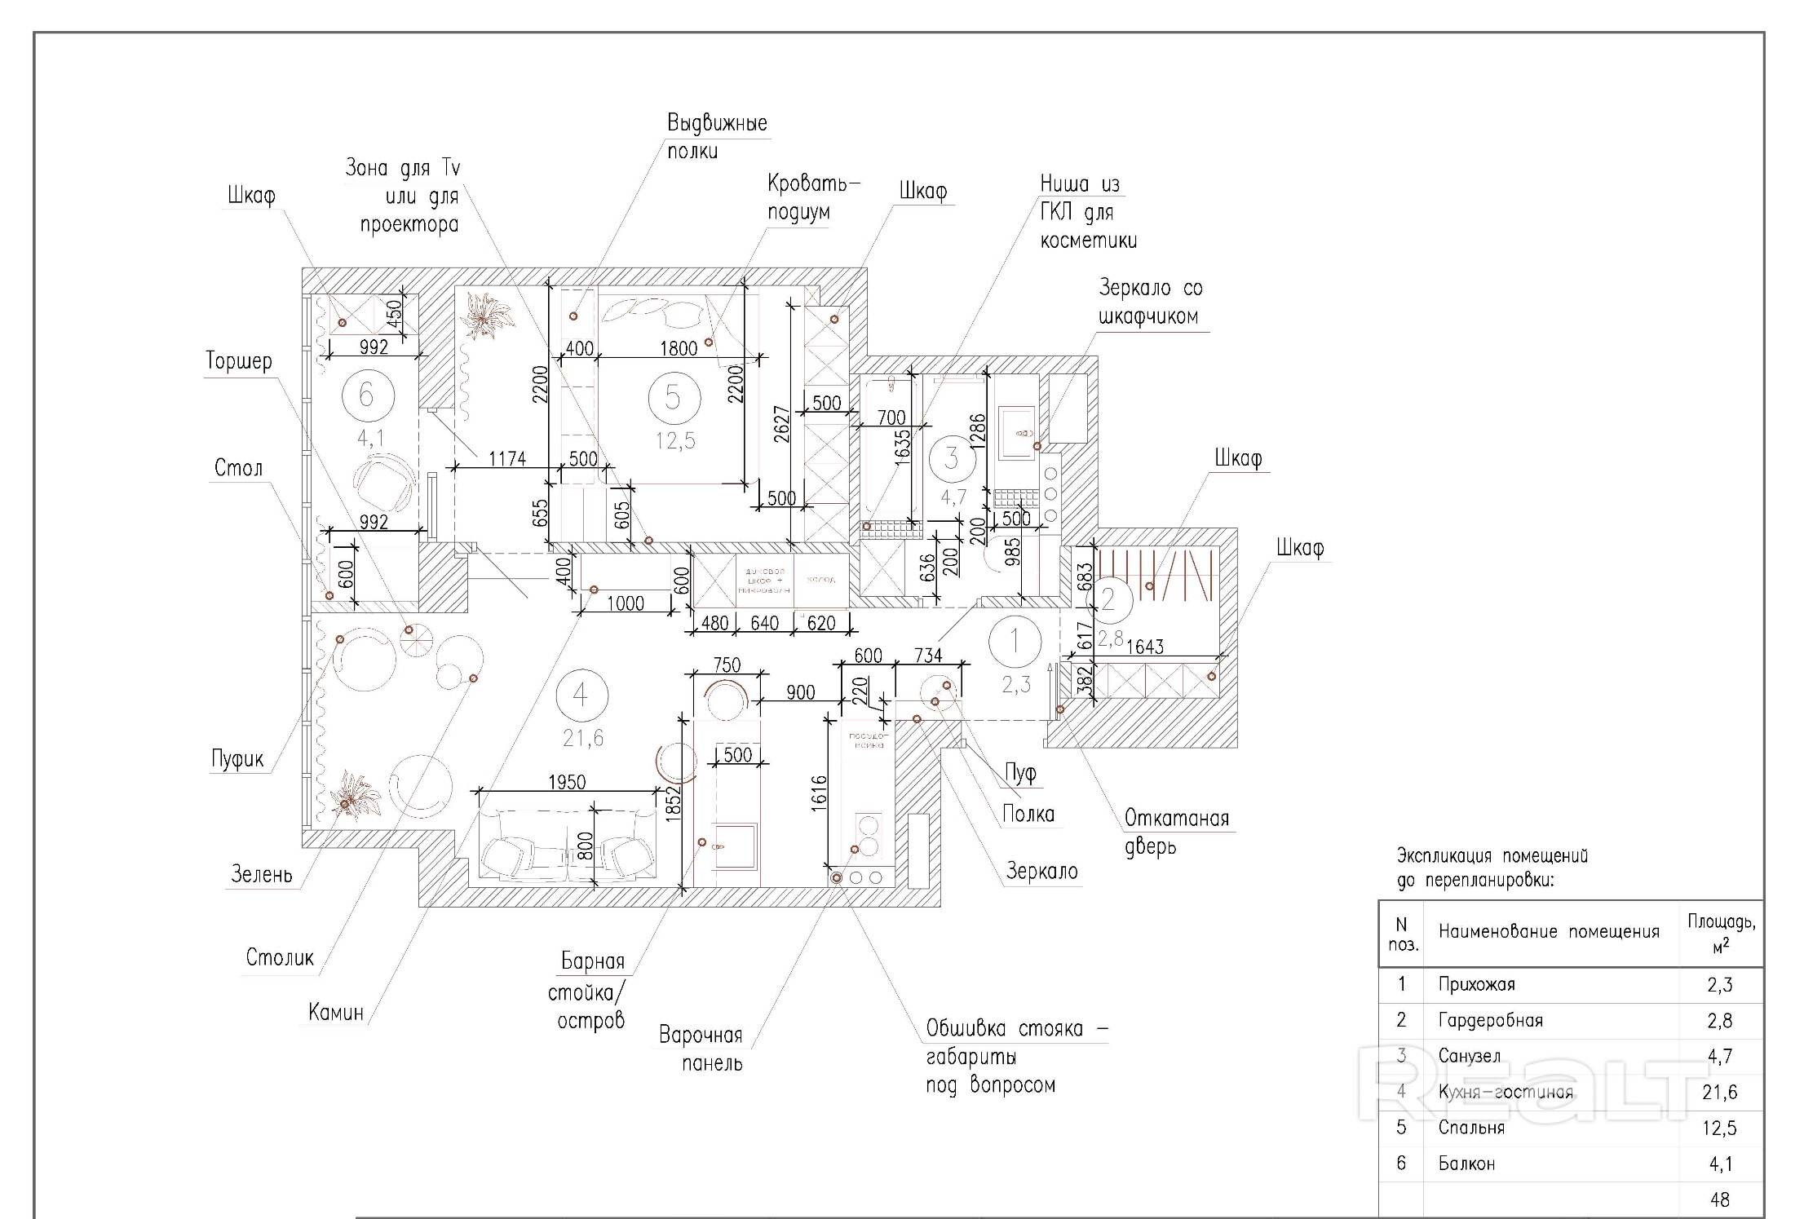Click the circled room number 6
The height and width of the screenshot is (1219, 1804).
(367, 395)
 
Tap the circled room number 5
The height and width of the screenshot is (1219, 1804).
(673, 397)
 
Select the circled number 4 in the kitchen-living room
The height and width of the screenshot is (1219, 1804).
(581, 695)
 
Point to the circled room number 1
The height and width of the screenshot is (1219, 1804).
(1015, 641)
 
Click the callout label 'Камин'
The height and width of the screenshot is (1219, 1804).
(335, 1012)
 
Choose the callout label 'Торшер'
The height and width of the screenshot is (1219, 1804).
(239, 360)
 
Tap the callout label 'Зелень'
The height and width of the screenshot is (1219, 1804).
(261, 874)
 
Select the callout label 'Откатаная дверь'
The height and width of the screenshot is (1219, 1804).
(1176, 832)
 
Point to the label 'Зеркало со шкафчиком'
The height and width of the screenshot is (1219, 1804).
(1150, 302)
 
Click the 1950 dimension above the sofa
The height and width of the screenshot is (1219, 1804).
(567, 782)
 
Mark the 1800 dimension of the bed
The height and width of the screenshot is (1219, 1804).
(679, 348)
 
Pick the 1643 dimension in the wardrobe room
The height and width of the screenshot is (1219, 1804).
(1144, 647)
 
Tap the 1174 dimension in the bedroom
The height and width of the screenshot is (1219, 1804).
(507, 458)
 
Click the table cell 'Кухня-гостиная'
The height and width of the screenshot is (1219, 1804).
(1506, 1092)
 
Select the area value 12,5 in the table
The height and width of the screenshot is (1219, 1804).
(1719, 1128)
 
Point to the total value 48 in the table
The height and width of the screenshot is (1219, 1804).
(1719, 1199)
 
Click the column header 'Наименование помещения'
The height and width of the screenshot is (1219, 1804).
(1548, 931)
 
